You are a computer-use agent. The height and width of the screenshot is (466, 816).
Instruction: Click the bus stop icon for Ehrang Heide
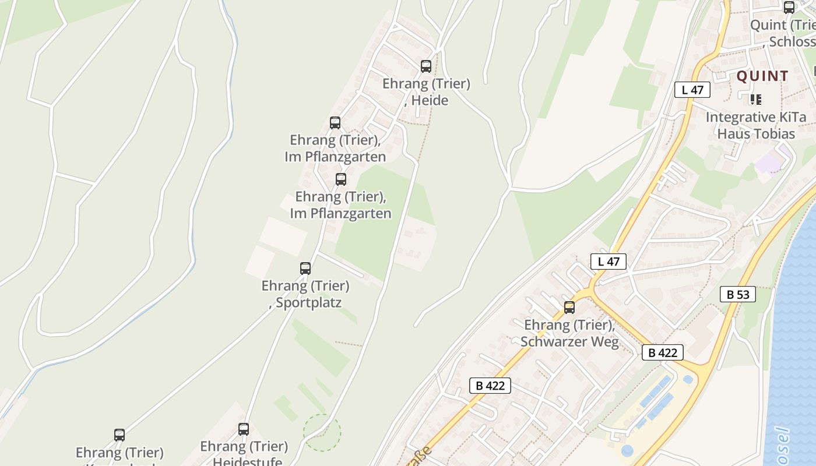tap(426, 66)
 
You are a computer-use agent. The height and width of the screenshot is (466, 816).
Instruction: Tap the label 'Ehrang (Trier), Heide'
tap(426, 92)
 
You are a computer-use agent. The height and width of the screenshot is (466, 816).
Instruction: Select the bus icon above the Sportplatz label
tap(305, 269)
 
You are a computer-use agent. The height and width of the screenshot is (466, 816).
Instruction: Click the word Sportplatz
tap(308, 303)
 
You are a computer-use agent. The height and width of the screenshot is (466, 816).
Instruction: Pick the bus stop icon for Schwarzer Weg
tap(569, 308)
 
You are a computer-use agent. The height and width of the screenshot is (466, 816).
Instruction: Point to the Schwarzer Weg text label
tap(569, 341)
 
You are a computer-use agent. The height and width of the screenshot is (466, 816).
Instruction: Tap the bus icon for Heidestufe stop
tap(244, 429)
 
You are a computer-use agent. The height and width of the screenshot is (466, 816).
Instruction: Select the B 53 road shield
tap(737, 294)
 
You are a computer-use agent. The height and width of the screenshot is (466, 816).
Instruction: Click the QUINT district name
tap(762, 76)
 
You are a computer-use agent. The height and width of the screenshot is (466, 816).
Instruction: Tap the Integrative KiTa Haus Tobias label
tap(756, 125)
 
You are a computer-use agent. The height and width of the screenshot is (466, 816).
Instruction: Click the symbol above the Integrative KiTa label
tap(756, 99)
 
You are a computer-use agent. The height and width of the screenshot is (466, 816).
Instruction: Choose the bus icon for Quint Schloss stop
tap(789, 8)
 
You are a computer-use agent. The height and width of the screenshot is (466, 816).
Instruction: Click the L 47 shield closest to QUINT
tap(692, 90)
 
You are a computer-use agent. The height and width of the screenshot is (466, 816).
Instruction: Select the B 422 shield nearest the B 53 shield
tap(663, 352)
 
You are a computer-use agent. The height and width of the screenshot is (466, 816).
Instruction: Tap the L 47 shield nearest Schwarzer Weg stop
tap(609, 262)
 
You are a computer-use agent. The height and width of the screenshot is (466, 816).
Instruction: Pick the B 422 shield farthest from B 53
tap(490, 385)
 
